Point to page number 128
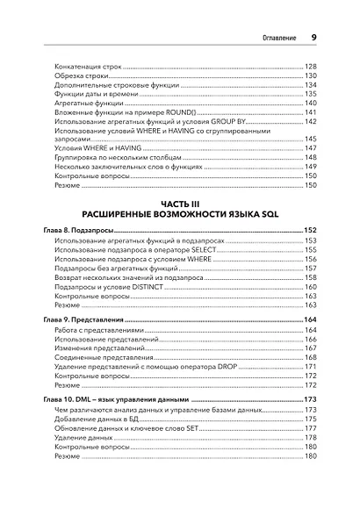click(310, 67)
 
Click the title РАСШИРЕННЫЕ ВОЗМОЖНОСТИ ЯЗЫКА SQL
click(180, 213)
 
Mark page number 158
click(310, 276)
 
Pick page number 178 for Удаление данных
click(310, 437)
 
